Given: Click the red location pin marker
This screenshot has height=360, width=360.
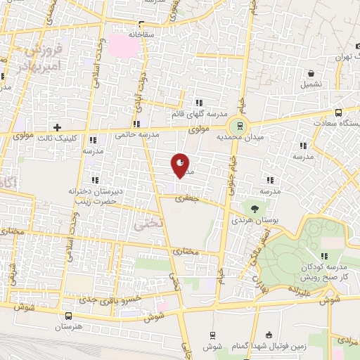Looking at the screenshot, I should coord(180,165).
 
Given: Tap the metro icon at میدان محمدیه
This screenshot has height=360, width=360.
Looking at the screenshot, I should coord(240,126).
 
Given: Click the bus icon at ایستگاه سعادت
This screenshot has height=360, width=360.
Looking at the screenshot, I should coord(339,112).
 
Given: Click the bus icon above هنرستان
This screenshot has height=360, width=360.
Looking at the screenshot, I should coord(68,316).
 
